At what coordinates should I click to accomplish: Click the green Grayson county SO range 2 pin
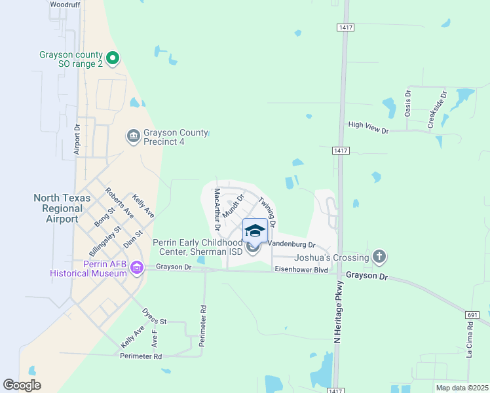pos(112,59)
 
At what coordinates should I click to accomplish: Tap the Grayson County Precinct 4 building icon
pos(133,136)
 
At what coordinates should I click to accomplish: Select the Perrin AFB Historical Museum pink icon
pos(136,267)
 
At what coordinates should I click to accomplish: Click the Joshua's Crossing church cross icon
pos(379,257)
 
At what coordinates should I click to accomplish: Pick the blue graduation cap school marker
pos(255,230)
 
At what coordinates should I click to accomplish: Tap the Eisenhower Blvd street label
pos(301,269)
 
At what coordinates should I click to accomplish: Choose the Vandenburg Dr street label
pos(292,245)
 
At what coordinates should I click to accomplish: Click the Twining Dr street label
pos(267,212)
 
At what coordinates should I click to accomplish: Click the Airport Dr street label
pos(77,140)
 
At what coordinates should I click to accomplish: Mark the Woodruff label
pos(64,4)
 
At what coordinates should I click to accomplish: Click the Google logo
pos(22,385)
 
